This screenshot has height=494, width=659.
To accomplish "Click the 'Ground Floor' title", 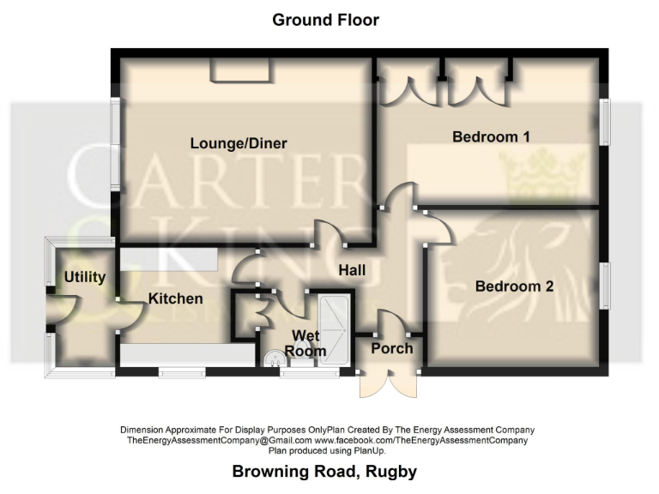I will (325, 20).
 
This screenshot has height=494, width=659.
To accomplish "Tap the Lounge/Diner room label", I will (239, 143).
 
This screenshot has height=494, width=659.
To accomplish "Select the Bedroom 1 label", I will (491, 136).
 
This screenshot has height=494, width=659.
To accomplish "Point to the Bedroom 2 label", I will (514, 286).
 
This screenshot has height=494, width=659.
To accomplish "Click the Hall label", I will (351, 270).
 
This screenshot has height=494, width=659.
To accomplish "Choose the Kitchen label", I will (175, 298).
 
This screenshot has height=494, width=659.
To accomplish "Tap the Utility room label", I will (84, 277).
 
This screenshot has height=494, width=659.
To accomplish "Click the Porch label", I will (391, 348).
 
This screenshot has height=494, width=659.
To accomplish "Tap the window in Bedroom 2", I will (604, 287).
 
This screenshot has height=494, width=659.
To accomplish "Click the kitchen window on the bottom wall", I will (181, 372).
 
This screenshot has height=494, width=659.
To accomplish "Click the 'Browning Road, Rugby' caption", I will (324, 472).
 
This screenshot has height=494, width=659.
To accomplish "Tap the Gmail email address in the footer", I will (219, 440).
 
